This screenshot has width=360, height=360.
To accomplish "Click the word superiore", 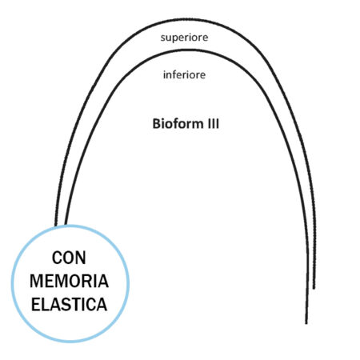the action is click(x=184, y=38).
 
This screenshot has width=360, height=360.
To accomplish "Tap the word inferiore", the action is click(x=184, y=74).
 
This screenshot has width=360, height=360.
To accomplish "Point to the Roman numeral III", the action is click(x=213, y=124).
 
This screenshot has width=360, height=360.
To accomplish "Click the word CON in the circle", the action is click(x=69, y=258).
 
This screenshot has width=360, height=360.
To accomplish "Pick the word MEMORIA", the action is click(x=70, y=281).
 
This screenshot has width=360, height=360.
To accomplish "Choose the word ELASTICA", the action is click(x=70, y=305).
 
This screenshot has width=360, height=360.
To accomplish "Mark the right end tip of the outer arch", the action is click(x=314, y=289).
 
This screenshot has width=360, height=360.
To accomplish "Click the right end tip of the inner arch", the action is click(x=306, y=324).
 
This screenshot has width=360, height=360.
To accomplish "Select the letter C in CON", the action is click(x=57, y=258).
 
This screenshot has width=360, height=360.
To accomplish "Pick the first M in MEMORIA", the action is click(x=36, y=281).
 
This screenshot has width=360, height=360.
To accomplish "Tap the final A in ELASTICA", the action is click(x=102, y=305).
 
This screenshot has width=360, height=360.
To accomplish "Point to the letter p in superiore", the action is click(x=174, y=38).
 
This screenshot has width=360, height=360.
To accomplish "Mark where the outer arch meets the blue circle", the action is click(x=56, y=226).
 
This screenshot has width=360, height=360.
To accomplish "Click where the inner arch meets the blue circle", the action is click(x=66, y=224).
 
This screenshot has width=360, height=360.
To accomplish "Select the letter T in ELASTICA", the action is click(x=74, y=305).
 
